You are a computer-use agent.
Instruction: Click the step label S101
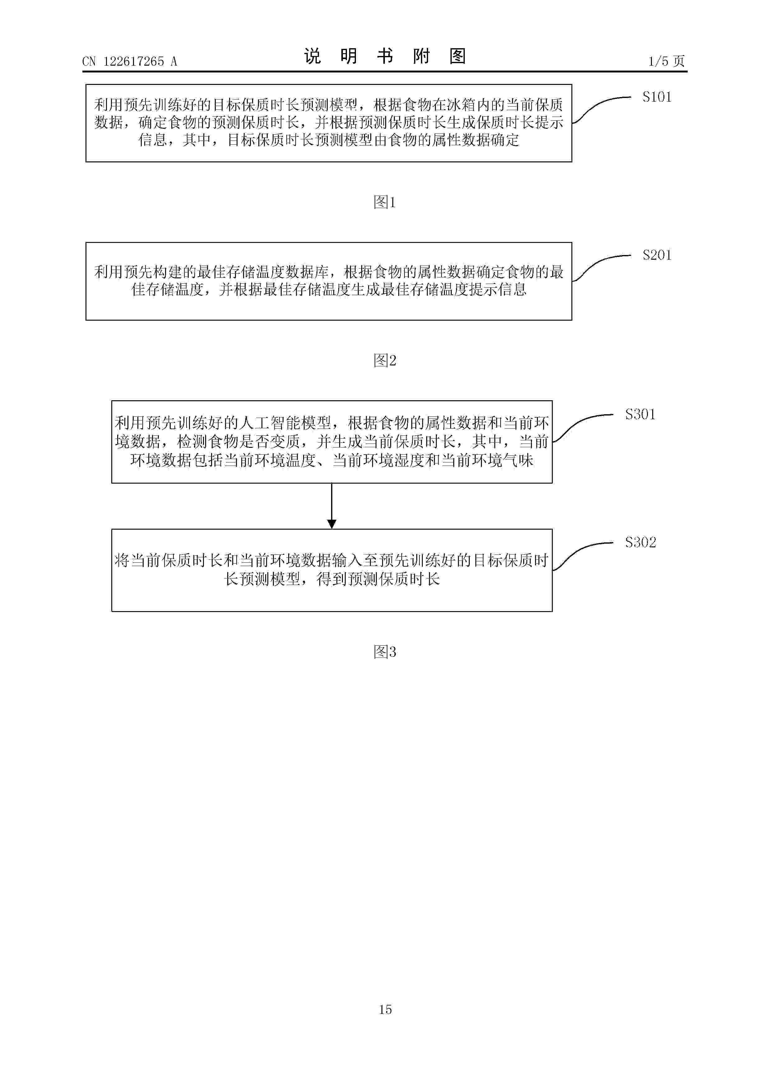657,97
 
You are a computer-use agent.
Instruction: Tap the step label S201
657,255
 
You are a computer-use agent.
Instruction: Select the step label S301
640,414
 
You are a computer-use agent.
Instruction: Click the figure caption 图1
385,202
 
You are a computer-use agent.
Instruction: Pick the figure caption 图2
385,361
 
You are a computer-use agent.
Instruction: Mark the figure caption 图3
385,652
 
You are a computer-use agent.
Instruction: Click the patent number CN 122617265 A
130,61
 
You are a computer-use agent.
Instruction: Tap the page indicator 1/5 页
667,61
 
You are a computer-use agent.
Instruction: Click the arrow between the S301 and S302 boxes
332,506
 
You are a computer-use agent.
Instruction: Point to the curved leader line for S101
601,109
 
